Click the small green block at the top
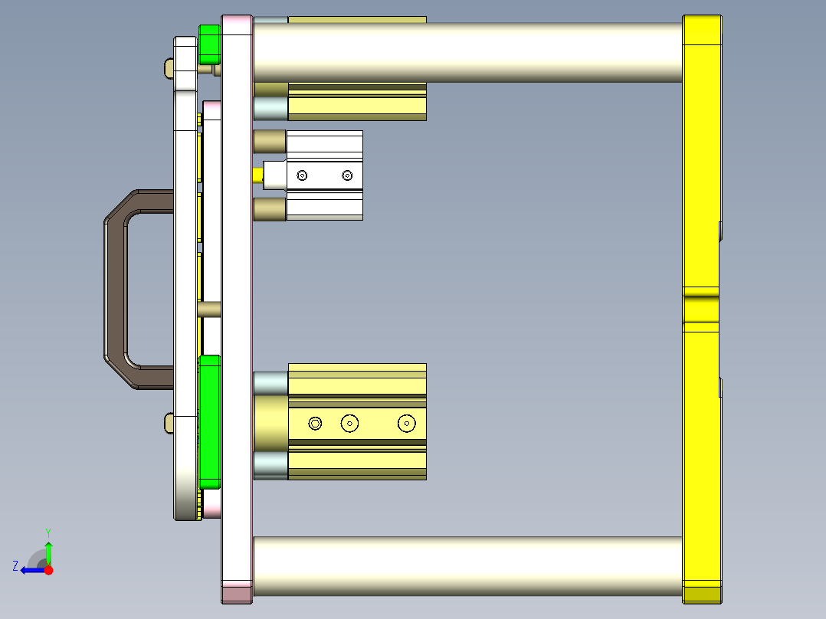point(209,44)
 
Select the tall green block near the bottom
point(209,421)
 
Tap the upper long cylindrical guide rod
point(467,52)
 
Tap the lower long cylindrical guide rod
point(467,567)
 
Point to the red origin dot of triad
point(48,570)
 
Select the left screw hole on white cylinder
point(302,176)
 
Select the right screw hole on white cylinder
point(347,176)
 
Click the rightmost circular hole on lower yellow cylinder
point(406,423)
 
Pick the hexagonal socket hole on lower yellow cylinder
point(315,423)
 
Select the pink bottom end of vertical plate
point(237,593)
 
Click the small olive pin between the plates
point(209,309)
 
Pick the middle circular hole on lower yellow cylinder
point(350,423)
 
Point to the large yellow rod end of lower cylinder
point(270,423)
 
